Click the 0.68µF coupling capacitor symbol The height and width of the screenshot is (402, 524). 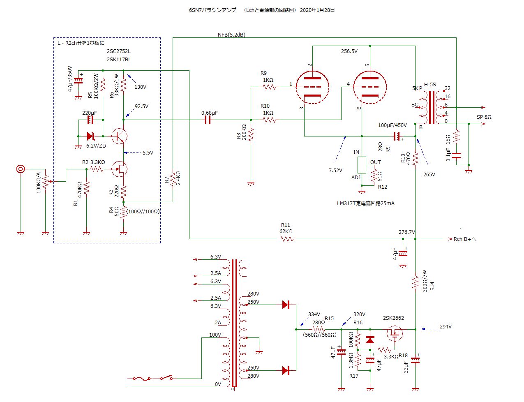208,120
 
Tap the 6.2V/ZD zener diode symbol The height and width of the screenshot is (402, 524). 91,136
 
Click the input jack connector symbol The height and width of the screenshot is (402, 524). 20,169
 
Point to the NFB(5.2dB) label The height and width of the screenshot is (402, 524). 231,35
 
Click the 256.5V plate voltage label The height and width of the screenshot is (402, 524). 349,51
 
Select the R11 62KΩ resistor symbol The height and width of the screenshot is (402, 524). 287,238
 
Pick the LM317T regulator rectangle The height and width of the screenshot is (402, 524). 362,165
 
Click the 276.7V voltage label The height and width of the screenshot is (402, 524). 407,232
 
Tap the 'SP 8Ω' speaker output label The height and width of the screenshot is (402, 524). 484,117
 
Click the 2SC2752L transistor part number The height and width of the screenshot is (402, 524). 119,51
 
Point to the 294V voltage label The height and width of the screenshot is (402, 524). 446,327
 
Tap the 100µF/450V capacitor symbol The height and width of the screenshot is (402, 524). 397,136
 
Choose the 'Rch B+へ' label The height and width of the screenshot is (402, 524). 465,239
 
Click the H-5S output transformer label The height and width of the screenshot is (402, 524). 430,85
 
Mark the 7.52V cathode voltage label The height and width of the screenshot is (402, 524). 335,170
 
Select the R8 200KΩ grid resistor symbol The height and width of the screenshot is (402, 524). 251,134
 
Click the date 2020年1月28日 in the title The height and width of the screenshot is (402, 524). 317,10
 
